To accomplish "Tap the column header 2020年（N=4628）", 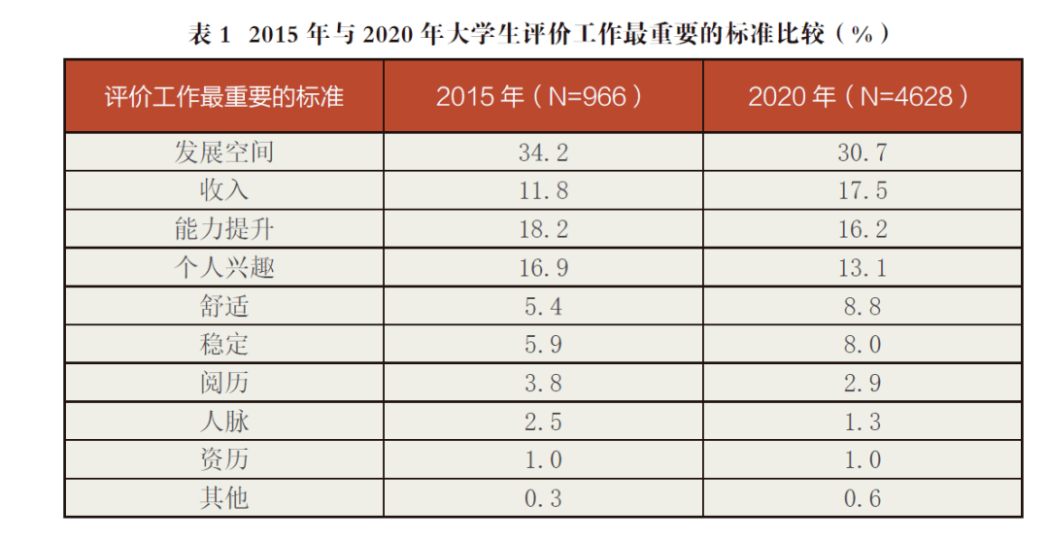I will coord(862,97).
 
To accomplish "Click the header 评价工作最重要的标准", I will coord(224,97).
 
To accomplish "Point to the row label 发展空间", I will coord(224,152).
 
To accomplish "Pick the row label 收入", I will coord(224,190).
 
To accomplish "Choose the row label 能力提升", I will coord(224,229).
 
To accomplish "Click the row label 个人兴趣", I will coord(224,267).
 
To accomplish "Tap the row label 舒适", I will coord(224,306).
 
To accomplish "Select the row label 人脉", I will coord(224,422).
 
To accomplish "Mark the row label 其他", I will coord(224,498).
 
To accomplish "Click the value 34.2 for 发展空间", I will coord(543,152).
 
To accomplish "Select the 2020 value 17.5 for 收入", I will coord(863,190).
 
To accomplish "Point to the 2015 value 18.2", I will coord(543,229).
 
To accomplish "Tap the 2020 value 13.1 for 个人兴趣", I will coord(863,267).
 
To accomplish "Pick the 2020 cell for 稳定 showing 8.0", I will coord(863,345).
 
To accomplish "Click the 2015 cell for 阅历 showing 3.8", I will coord(543,383).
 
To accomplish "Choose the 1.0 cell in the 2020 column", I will coord(863,459).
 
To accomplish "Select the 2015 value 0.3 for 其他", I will coord(543,498).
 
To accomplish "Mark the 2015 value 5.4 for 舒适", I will coord(543,306).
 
